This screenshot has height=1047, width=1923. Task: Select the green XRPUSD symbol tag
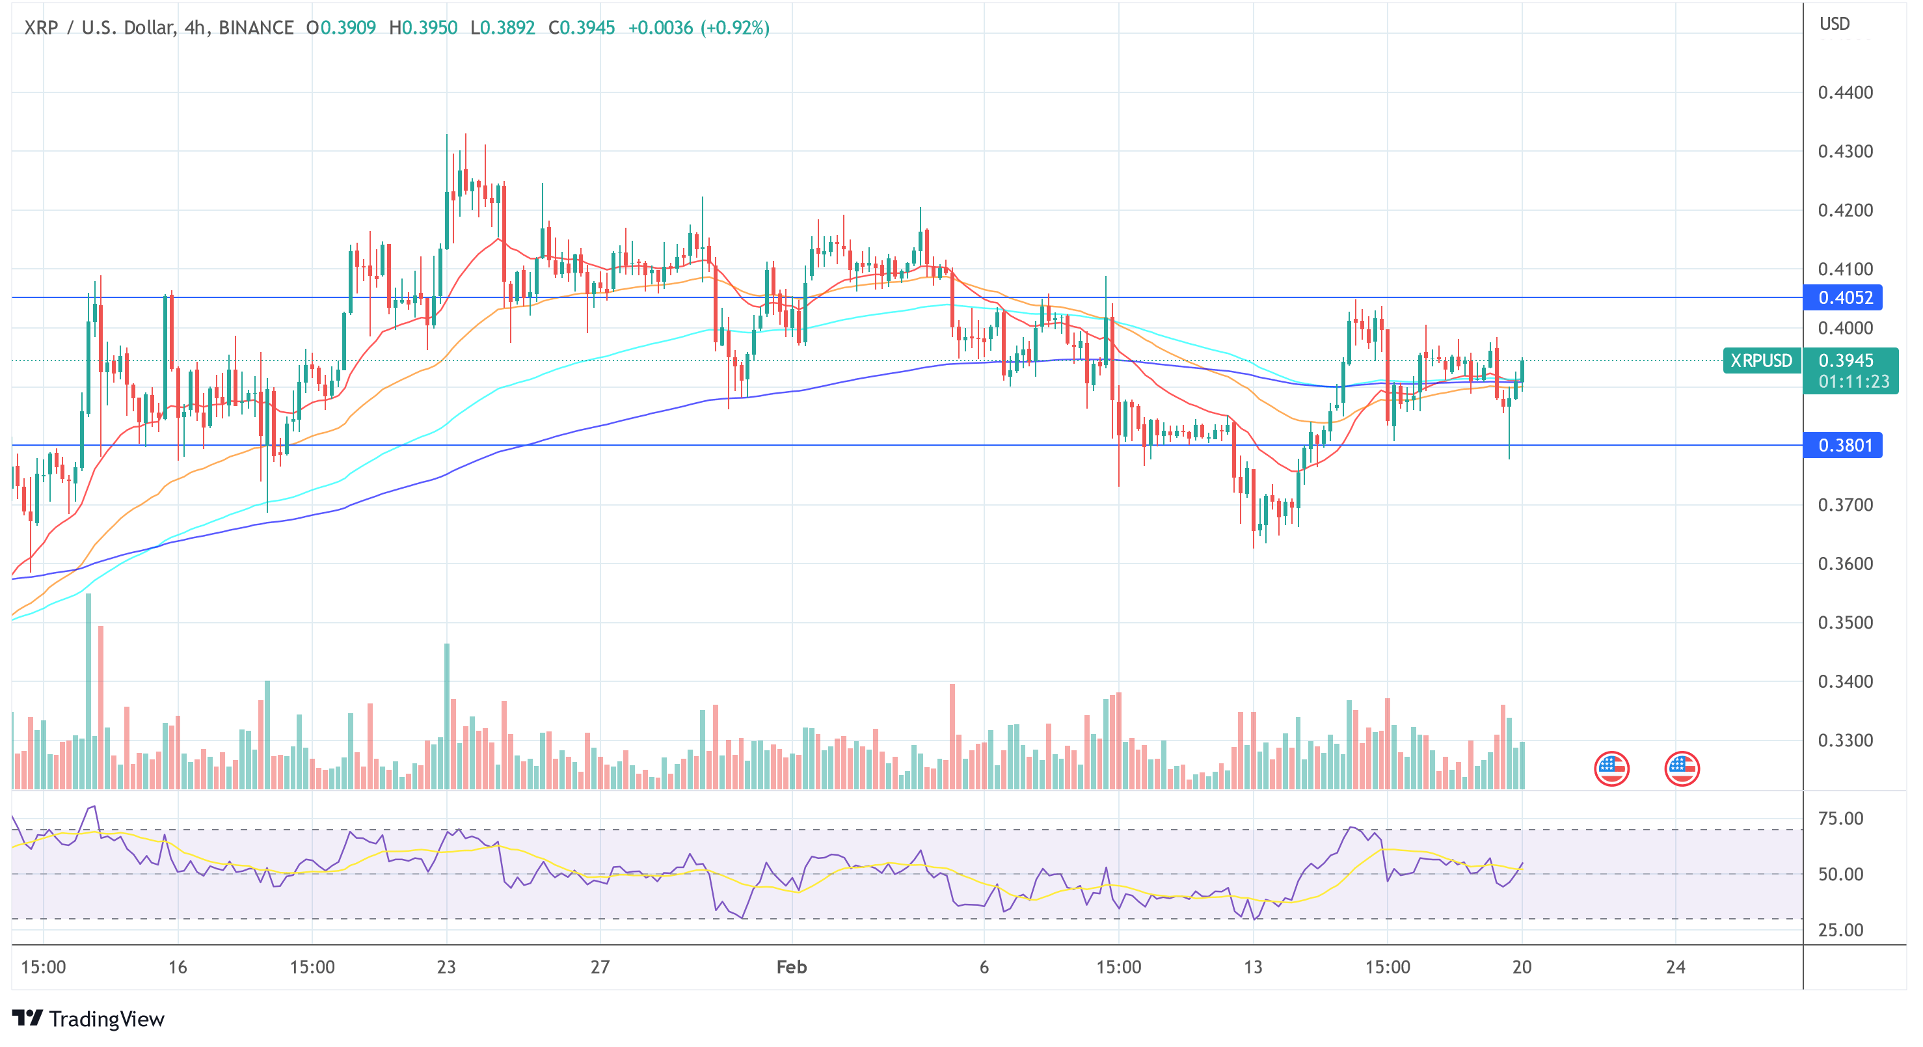pos(1760,360)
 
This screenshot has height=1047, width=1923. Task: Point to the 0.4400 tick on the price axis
pos(1845,92)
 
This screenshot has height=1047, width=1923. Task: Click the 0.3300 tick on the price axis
pos(1845,740)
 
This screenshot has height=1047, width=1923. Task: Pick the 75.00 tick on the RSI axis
pos(1840,819)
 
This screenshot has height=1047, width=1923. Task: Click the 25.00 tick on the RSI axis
pos(1840,930)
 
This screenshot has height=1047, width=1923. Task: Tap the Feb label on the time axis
pos(791,967)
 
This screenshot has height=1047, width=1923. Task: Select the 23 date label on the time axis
pos(446,967)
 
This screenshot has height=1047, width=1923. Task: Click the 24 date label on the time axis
pos(1675,967)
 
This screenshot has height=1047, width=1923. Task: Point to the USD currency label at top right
pos(1834,24)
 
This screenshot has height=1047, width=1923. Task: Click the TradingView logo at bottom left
pos(88,1018)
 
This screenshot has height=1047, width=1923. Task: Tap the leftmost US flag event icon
pos(1611,768)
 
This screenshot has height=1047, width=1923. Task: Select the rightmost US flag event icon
pos(1681,768)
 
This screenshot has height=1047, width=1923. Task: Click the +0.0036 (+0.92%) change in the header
pos(698,27)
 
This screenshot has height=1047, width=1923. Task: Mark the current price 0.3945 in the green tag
pos(1846,360)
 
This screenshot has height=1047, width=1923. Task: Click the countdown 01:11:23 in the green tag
pos(1853,381)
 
